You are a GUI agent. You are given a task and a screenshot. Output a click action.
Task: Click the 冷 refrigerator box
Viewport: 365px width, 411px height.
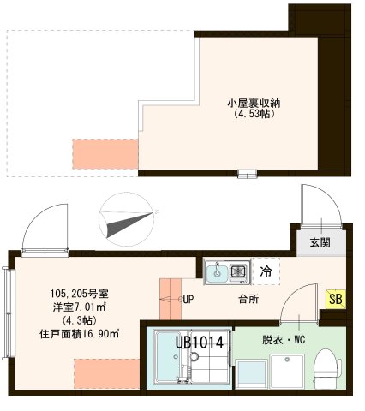click(266, 272)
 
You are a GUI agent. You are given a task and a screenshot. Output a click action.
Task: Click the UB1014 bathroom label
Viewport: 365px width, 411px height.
click(200, 342)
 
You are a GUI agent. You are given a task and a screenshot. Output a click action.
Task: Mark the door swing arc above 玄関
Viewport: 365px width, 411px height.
click(308, 201)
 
